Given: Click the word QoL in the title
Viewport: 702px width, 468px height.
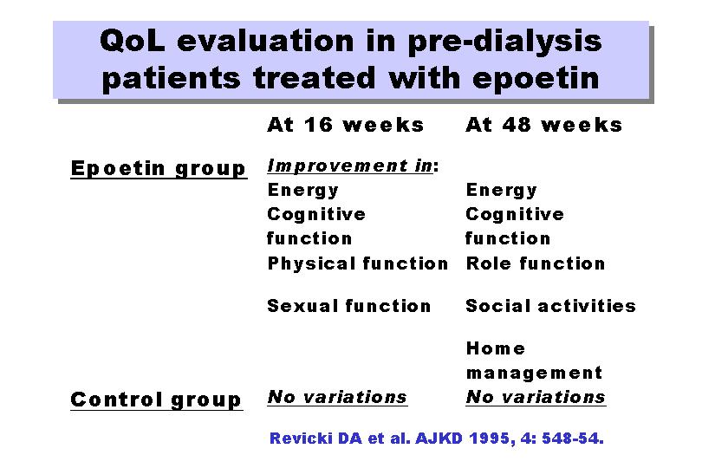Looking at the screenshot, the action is [133, 42].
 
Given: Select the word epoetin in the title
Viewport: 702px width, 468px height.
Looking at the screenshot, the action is [536, 79].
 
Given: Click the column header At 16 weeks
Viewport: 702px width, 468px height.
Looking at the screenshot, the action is [345, 125].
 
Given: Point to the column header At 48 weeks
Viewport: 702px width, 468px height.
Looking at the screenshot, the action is [544, 125].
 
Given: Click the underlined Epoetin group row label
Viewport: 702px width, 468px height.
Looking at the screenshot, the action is [159, 169].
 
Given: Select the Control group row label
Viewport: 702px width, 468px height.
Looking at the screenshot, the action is [156, 400].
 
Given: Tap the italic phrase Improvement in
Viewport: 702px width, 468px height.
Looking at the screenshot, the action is [350, 166].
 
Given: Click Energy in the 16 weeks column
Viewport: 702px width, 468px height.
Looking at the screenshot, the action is [303, 191].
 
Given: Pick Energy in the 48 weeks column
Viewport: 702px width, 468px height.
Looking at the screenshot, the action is [502, 191].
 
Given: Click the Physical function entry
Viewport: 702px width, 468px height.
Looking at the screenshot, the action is [358, 263].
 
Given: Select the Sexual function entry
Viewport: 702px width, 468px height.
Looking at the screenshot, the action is [349, 306].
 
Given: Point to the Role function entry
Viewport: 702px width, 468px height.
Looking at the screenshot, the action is [536, 263].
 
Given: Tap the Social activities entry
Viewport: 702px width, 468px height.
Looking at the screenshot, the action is [551, 306].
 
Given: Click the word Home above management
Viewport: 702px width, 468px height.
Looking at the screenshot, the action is [496, 348].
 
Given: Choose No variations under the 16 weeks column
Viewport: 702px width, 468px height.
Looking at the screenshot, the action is [337, 397].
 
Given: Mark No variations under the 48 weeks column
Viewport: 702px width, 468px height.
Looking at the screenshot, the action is [536, 397].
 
